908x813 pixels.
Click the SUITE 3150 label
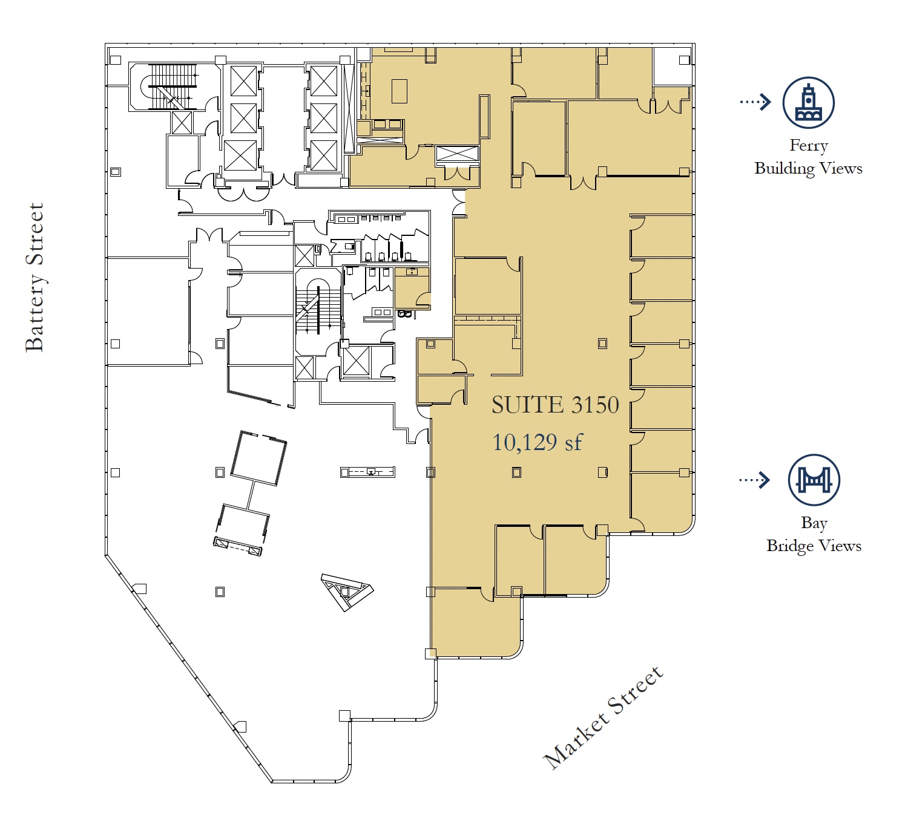click(x=555, y=405)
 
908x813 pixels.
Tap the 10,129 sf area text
click(x=537, y=443)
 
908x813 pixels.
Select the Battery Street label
click(x=35, y=277)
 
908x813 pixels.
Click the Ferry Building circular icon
click(x=808, y=103)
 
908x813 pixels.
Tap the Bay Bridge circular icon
click(x=814, y=480)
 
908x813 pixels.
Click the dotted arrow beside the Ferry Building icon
click(x=755, y=102)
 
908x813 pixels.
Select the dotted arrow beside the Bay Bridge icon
click(x=754, y=480)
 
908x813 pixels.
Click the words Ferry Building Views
click(x=808, y=157)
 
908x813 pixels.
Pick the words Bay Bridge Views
click(x=814, y=534)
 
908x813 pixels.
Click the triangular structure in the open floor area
click(x=346, y=591)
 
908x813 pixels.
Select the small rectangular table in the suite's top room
click(x=400, y=91)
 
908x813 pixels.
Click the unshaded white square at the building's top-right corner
click(x=673, y=67)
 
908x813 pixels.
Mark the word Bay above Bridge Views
click(x=814, y=523)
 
